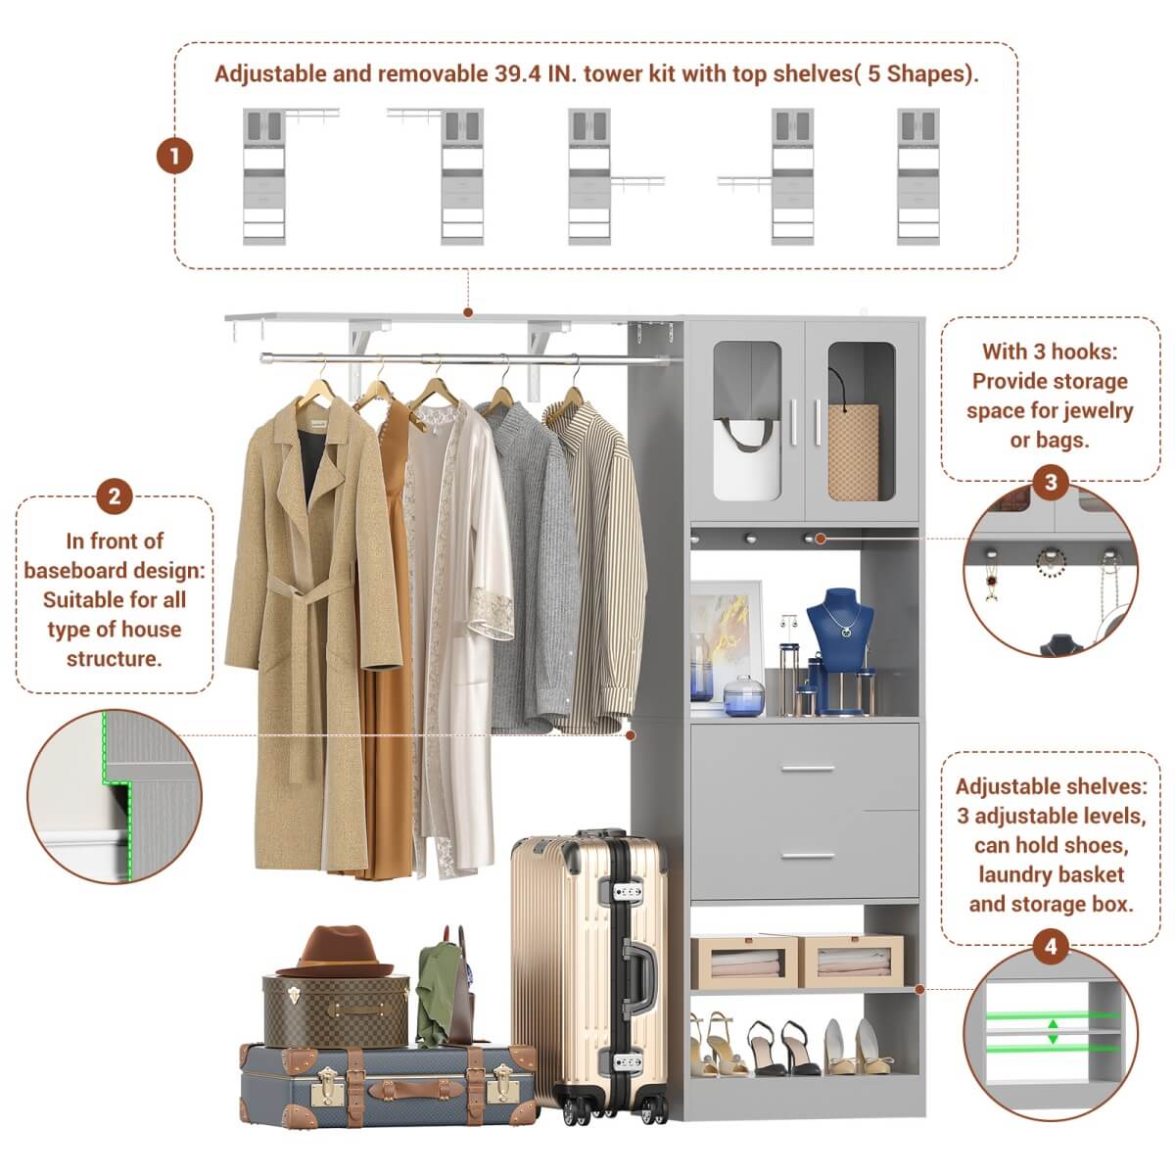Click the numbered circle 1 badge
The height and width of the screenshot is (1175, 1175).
pos(175,156)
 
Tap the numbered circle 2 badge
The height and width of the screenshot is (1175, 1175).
pos(115,496)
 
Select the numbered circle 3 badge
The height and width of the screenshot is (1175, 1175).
pos(1051,482)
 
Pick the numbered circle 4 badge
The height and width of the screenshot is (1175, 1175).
pos(1051,947)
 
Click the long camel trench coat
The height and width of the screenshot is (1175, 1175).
pos(308,627)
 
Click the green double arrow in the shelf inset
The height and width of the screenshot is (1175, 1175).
pos(1053,1031)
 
